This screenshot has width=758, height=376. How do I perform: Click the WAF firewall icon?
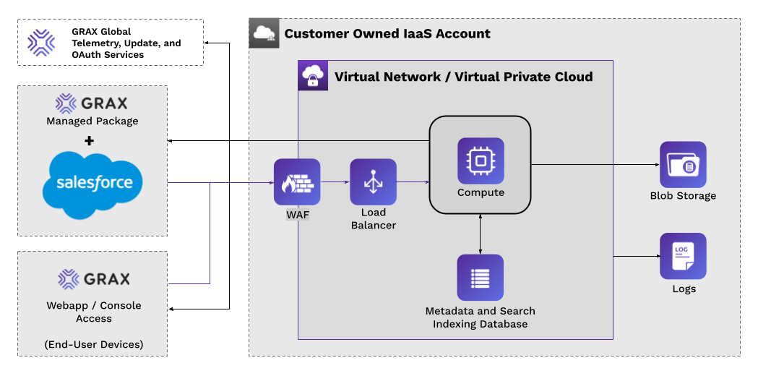click(296, 181)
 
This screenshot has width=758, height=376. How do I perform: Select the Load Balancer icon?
click(373, 181)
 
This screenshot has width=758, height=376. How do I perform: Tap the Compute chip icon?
click(481, 161)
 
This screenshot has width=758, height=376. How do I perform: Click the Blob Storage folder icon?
click(683, 165)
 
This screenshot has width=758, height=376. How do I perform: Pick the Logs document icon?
click(683, 256)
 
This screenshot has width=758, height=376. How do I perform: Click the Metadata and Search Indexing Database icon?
click(481, 278)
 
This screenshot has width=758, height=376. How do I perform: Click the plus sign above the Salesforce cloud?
click(90, 140)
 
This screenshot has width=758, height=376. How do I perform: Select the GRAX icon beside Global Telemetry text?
click(41, 42)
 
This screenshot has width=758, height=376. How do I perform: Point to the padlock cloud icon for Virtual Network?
click(313, 76)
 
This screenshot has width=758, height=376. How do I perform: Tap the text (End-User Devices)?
click(92, 344)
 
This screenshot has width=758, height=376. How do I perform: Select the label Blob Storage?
click(683, 195)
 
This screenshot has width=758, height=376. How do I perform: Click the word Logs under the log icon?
click(684, 289)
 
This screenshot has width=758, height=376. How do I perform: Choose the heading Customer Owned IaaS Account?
click(387, 33)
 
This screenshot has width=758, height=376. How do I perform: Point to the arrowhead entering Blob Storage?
click(655, 165)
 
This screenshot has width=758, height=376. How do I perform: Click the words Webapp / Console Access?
click(94, 312)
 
